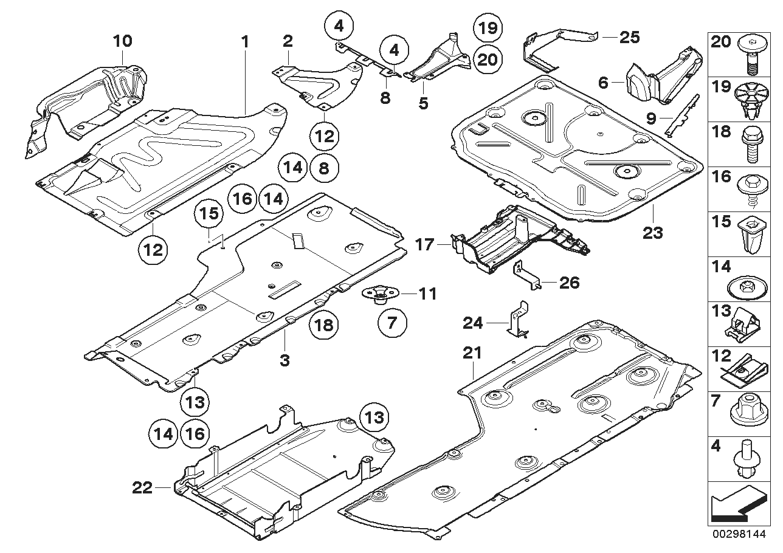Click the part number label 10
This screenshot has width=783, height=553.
[x=122, y=41]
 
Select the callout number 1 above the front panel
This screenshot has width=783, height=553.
[x=245, y=41]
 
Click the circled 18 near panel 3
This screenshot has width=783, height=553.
[x=324, y=326]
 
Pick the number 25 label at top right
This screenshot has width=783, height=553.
[x=629, y=38]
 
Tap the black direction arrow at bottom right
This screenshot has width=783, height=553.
[x=736, y=506]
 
